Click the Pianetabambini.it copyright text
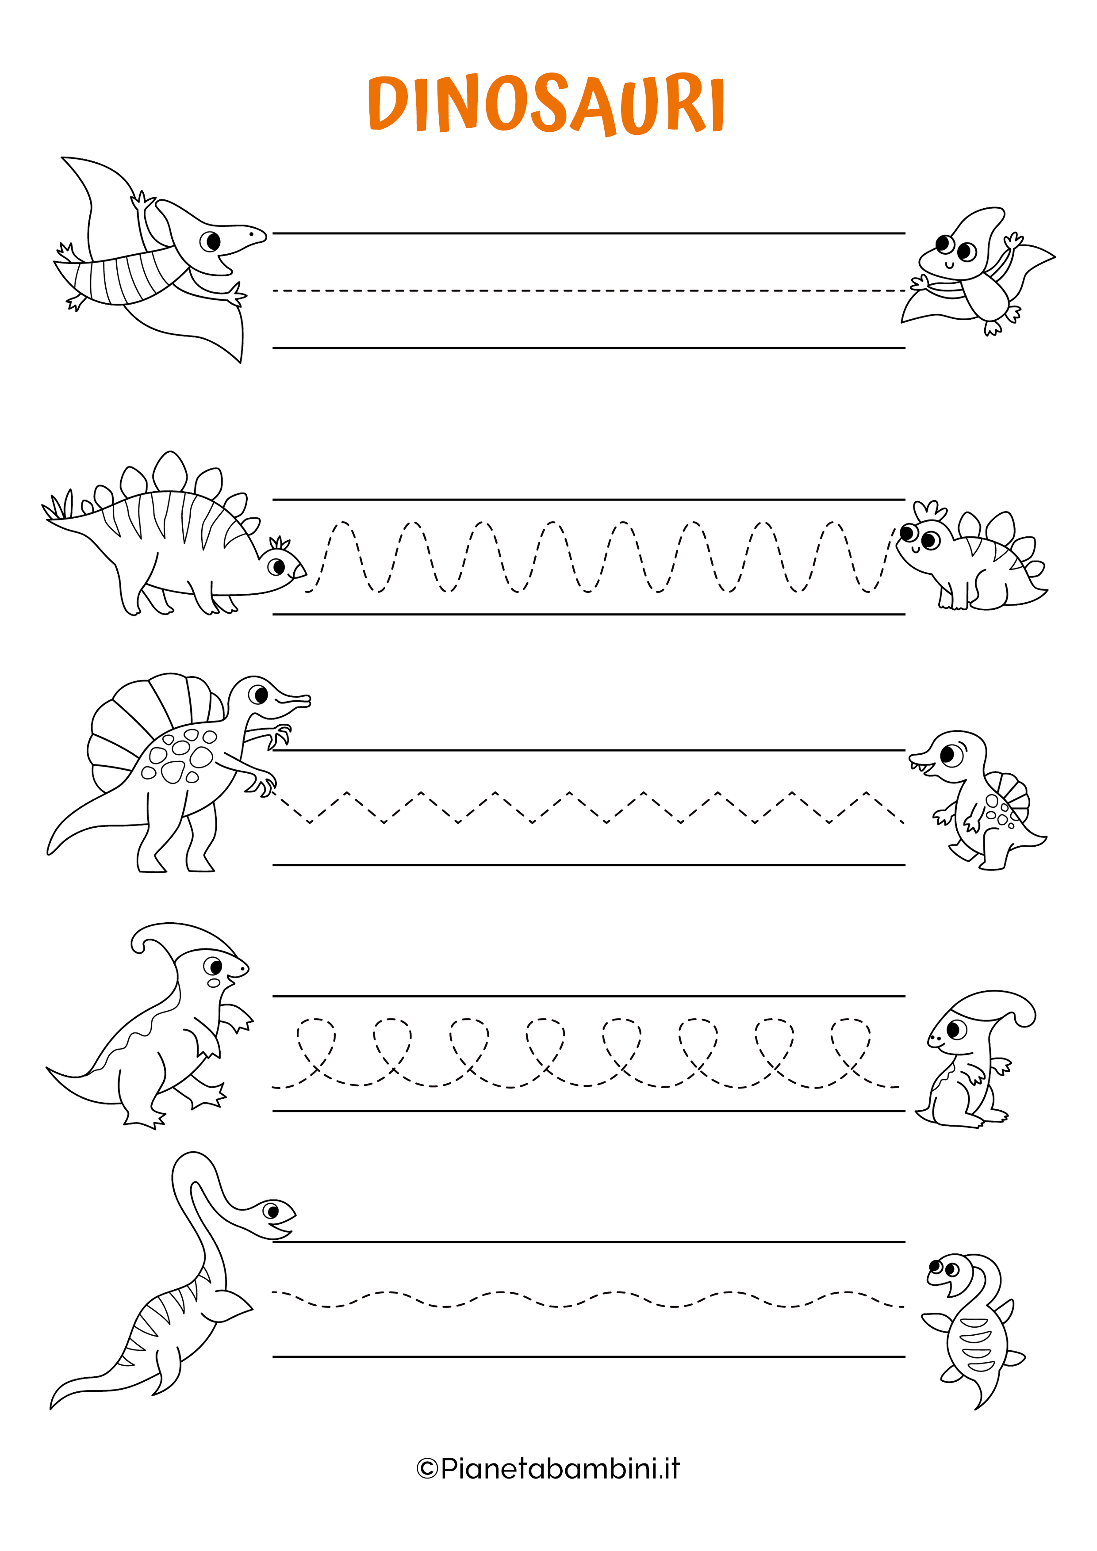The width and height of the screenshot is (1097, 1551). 548,1468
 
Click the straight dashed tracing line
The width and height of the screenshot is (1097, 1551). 588,290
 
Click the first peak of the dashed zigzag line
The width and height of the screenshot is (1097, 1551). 347,792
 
